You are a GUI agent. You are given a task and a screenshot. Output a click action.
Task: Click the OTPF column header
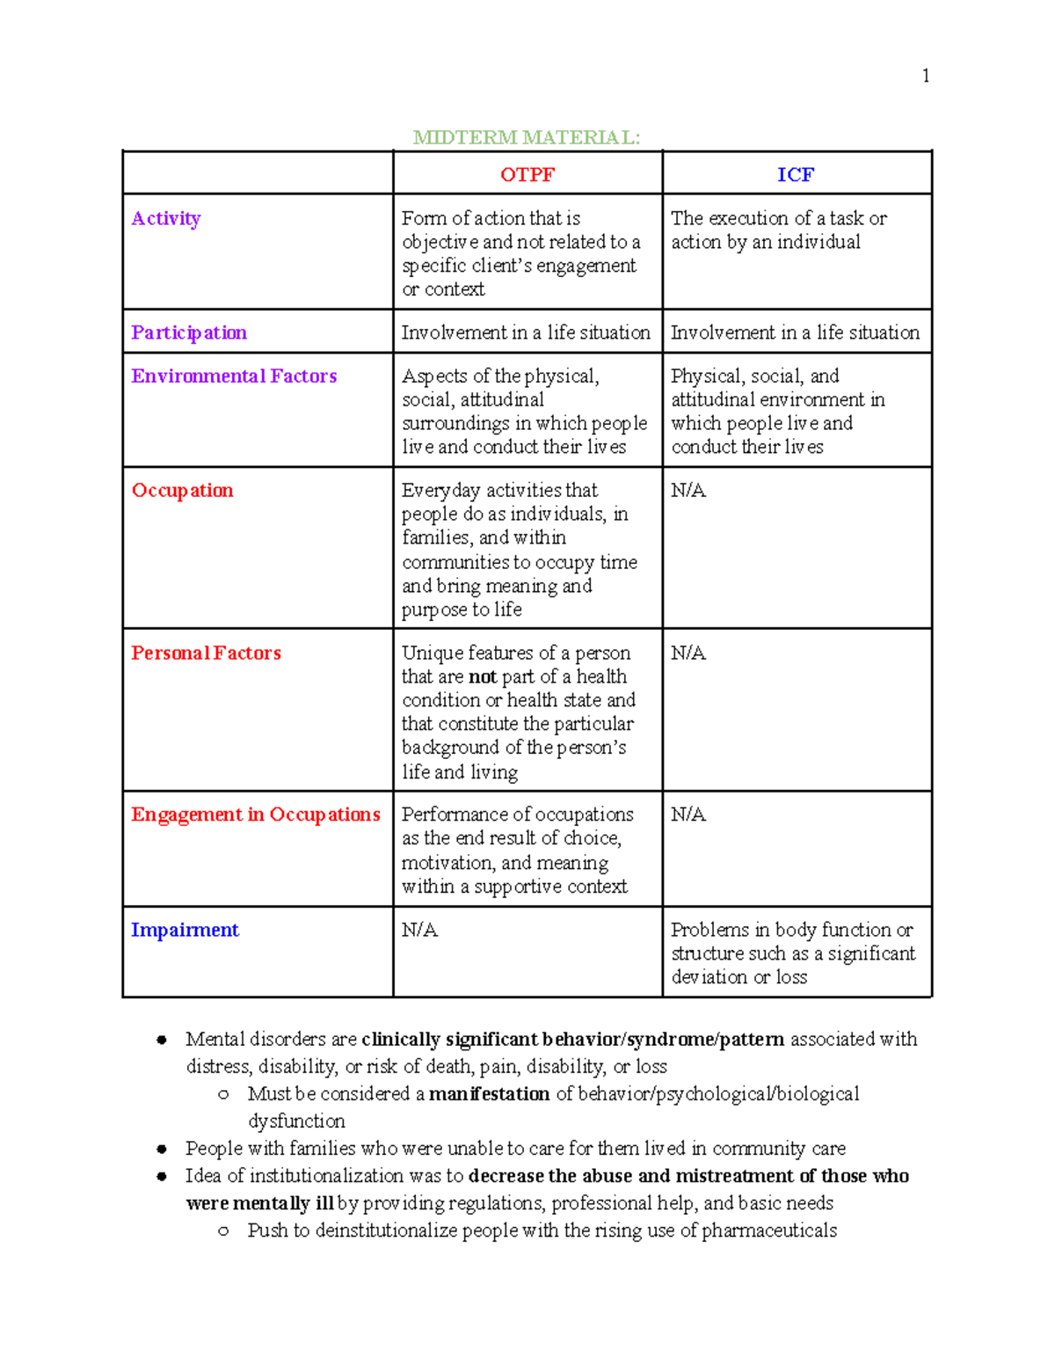pyautogui.click(x=527, y=174)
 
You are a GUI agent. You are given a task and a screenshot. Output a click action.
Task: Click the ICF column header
pyautogui.click(x=795, y=174)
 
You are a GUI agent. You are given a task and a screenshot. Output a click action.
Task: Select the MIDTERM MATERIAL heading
pyautogui.click(x=527, y=137)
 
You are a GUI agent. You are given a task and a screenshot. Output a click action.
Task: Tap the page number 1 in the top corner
pyautogui.click(x=925, y=76)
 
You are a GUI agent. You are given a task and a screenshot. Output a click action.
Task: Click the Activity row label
pyautogui.click(x=166, y=218)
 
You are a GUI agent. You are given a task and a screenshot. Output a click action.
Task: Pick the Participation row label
pyautogui.click(x=189, y=332)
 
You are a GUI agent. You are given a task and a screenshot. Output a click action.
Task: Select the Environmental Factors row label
pyautogui.click(x=234, y=376)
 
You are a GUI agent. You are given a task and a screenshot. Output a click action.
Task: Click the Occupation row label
pyautogui.click(x=182, y=491)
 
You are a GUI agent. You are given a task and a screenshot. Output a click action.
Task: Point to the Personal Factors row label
pyautogui.click(x=206, y=653)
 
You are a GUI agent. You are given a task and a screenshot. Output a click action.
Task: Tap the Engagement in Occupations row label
pyautogui.click(x=255, y=814)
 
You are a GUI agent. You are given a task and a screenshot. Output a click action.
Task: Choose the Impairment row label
pyautogui.click(x=185, y=930)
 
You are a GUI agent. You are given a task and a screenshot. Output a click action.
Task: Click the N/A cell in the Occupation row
pyautogui.click(x=688, y=491)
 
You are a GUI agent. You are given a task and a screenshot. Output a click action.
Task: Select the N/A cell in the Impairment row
pyautogui.click(x=419, y=930)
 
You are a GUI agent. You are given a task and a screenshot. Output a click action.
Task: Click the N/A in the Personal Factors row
pyautogui.click(x=688, y=653)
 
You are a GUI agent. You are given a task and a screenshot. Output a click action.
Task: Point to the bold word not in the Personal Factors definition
pyautogui.click(x=482, y=677)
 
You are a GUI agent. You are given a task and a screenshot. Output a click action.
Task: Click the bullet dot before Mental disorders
pyautogui.click(x=162, y=1040)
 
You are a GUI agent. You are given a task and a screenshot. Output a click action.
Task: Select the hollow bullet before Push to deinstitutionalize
pyautogui.click(x=223, y=1231)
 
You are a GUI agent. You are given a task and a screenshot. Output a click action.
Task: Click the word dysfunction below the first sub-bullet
pyautogui.click(x=296, y=1121)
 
